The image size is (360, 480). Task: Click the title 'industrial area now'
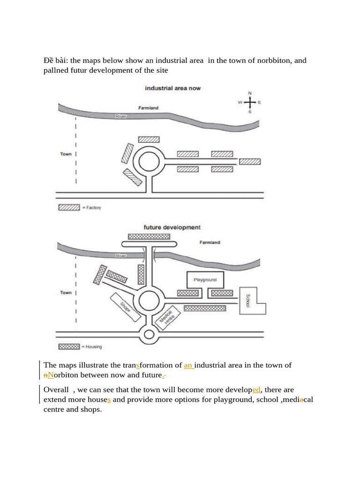point(172,88)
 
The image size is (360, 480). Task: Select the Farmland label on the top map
point(148,108)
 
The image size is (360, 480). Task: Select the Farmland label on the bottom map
point(210,243)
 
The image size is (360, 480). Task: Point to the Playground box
point(205,280)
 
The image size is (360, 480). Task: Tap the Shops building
point(125,307)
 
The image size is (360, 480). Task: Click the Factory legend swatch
point(68,208)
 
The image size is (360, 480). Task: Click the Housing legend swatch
point(68,347)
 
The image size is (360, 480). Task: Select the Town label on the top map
point(66,154)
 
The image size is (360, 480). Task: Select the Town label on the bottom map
point(66,292)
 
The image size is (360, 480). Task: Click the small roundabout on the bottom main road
point(149,334)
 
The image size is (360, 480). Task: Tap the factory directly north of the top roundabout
point(149,139)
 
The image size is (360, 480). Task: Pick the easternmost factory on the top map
point(250,161)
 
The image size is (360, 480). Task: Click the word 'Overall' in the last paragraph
point(56,390)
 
